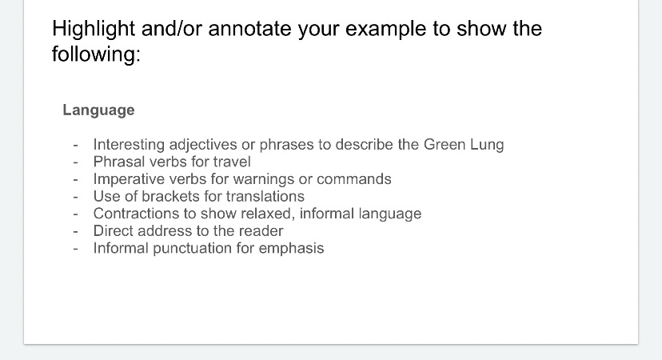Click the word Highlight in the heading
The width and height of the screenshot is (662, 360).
pos(94,29)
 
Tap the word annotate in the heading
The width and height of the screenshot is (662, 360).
pos(250,29)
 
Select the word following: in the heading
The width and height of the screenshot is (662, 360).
pos(96,54)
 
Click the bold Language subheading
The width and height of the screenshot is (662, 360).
pos(99,110)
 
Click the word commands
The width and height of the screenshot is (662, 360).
pos(354,179)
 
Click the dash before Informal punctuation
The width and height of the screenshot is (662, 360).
pos(76,249)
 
